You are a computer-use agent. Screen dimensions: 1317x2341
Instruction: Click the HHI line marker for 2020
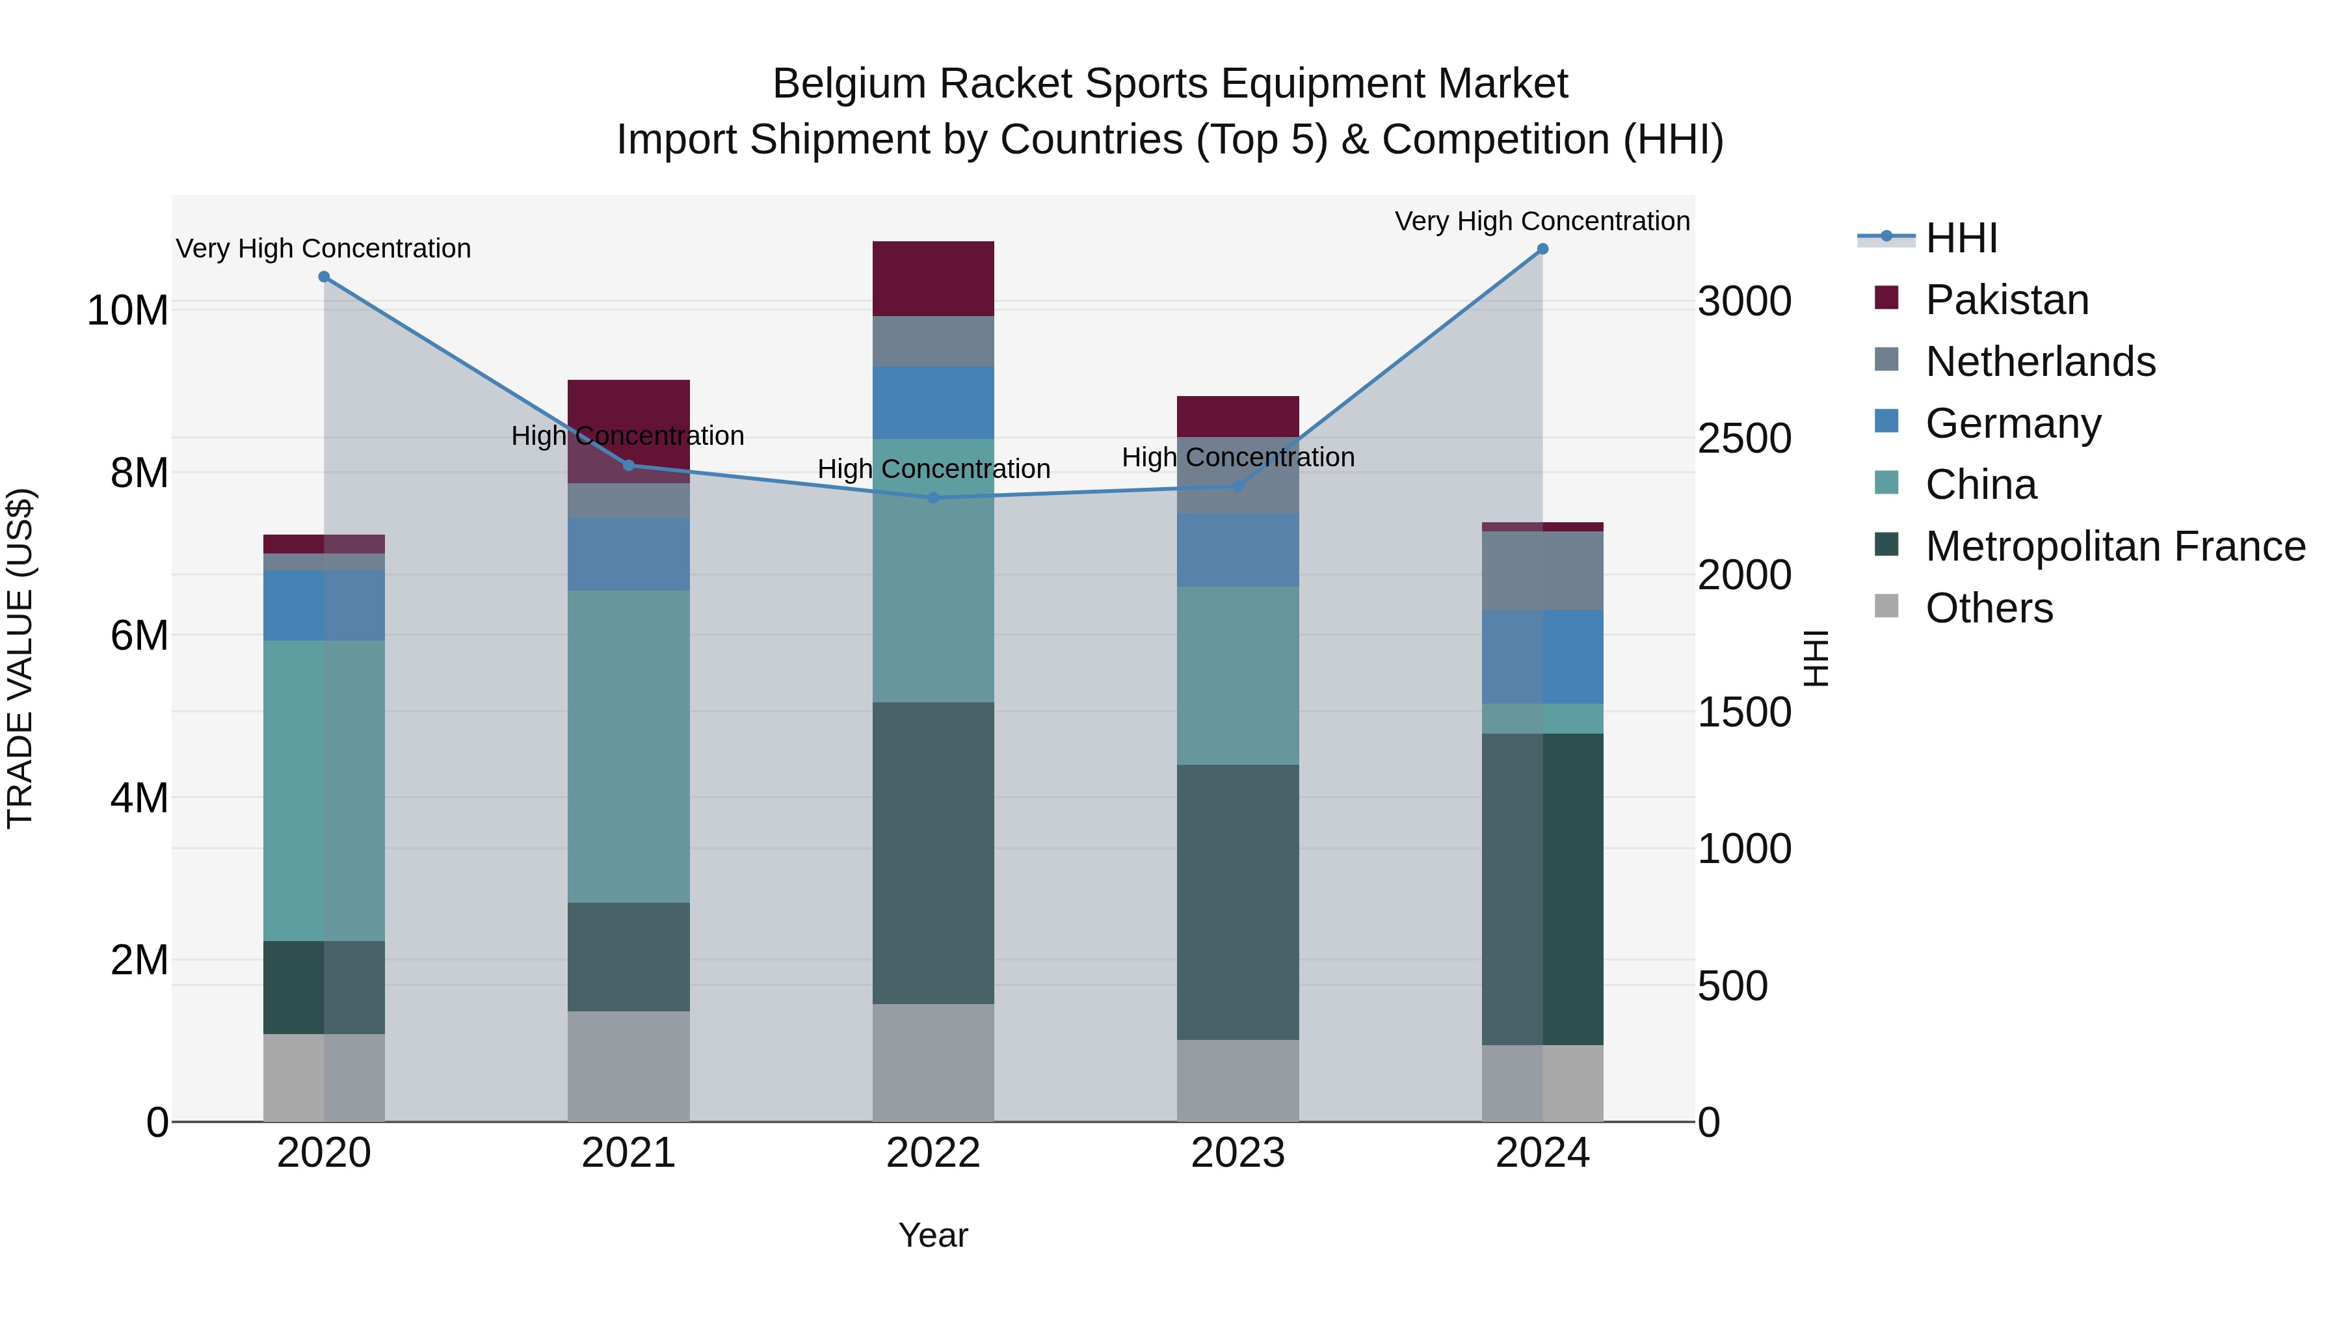tap(324, 277)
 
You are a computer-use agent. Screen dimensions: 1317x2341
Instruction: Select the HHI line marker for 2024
tap(1542, 249)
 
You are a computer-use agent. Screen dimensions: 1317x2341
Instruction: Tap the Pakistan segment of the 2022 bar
tap(933, 279)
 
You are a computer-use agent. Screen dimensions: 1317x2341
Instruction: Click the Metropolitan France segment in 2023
tap(1237, 901)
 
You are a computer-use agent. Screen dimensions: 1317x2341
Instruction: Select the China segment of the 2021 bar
tap(628, 746)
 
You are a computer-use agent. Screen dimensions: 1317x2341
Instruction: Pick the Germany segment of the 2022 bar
tap(933, 403)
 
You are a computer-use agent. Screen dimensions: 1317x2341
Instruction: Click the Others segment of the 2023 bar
tap(1237, 1081)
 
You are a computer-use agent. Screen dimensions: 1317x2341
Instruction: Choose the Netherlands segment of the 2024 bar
tap(1542, 571)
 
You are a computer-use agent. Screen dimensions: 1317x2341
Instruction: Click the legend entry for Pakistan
tap(2007, 300)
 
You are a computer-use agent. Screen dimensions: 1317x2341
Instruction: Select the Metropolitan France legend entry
tap(2115, 546)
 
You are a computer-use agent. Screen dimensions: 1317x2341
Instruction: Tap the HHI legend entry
tap(1961, 238)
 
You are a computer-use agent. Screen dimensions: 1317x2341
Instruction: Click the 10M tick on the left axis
tap(127, 311)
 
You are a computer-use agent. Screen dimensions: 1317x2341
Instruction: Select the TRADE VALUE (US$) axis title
tap(20, 658)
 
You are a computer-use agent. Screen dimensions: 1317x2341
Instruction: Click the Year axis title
tap(932, 1235)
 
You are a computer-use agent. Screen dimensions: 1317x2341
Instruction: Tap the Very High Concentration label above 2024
tap(1542, 221)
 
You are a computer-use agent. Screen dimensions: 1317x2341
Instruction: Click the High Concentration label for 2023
tap(1237, 457)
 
